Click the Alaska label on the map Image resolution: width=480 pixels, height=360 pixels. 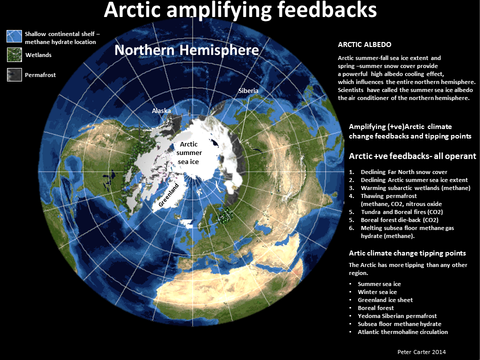(x=161, y=110)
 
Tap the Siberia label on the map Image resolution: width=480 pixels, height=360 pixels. (x=248, y=90)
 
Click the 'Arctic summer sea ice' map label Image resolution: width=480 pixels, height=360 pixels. (x=188, y=153)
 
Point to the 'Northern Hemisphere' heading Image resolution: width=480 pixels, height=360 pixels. (x=186, y=50)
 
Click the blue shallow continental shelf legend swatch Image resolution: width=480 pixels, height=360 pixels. (x=14, y=36)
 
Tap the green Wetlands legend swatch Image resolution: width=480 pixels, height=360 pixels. (x=14, y=55)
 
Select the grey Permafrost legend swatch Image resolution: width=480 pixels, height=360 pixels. (x=14, y=74)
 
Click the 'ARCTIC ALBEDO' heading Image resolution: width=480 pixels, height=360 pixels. (x=364, y=44)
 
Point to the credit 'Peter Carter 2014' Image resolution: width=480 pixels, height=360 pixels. (x=421, y=352)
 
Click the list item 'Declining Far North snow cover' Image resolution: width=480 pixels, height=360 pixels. (x=404, y=172)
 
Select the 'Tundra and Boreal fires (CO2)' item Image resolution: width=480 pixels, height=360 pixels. (x=402, y=212)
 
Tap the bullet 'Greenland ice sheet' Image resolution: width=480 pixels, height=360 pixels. (x=385, y=300)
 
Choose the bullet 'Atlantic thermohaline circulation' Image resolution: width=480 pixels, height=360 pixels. (x=402, y=332)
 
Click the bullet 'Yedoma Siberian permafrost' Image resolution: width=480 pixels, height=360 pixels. (x=397, y=316)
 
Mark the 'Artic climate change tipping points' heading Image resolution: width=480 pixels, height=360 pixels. (x=407, y=253)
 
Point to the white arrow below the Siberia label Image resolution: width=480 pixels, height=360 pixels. (x=244, y=119)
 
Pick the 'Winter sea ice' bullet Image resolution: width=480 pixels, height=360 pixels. (x=377, y=292)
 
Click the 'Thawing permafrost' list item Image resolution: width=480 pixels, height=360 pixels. (x=389, y=196)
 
